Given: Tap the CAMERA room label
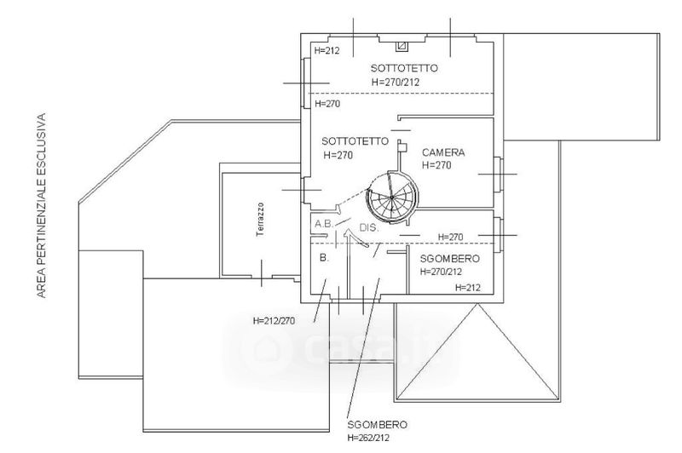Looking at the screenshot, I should point(443,152).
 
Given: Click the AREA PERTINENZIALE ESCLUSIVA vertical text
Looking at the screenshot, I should point(40,207).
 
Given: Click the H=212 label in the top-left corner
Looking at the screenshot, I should point(327,51).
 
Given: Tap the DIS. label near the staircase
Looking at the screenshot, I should point(369,228).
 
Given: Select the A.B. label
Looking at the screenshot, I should point(324,224).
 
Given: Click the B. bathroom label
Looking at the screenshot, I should point(324,257).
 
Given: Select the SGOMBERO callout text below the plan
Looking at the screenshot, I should point(378,424).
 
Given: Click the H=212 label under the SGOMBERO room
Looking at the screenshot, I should point(468,288).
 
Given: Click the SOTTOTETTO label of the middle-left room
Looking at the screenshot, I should point(355,140).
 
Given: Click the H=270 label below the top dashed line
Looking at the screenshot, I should point(328,103).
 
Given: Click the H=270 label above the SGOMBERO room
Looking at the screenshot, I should point(450,237).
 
